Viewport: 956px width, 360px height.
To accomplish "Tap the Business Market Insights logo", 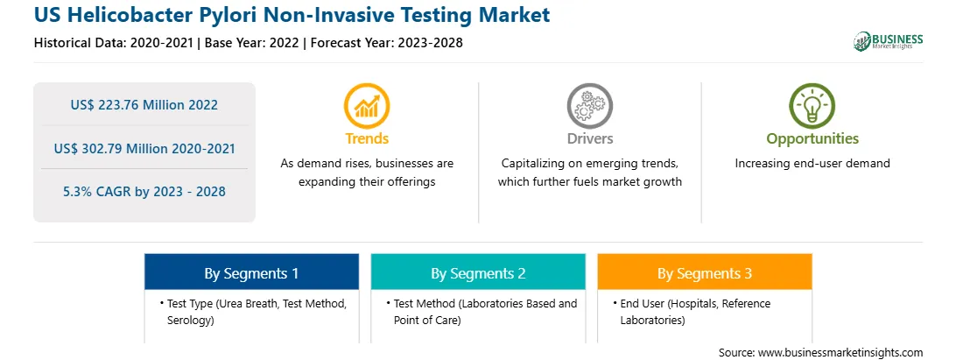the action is [x=889, y=41].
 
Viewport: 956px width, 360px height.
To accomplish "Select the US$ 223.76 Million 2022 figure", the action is [x=144, y=104].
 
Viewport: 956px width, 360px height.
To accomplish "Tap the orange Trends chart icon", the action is [x=367, y=106].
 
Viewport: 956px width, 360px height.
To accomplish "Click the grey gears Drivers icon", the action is [x=589, y=106].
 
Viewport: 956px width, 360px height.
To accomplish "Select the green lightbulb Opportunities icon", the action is [x=812, y=106].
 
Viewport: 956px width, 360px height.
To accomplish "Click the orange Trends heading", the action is [x=367, y=138].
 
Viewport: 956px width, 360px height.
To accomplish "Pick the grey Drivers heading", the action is [x=589, y=138].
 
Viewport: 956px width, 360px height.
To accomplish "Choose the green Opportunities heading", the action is [x=812, y=139].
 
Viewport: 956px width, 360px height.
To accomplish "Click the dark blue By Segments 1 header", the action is [x=252, y=272].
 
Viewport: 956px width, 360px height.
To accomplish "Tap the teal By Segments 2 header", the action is [x=478, y=272].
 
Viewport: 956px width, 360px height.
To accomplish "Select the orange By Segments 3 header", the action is [x=705, y=272].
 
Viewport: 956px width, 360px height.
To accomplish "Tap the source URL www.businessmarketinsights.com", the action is [x=840, y=352].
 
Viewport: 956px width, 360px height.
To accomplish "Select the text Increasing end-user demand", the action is [x=812, y=163].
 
